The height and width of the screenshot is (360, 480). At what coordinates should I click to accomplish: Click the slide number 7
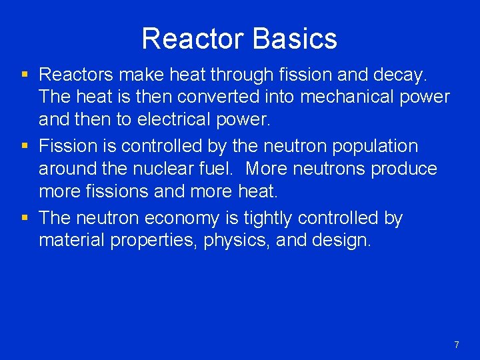tap(457, 345)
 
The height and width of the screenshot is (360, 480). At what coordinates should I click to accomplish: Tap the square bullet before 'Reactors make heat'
tap(25, 74)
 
